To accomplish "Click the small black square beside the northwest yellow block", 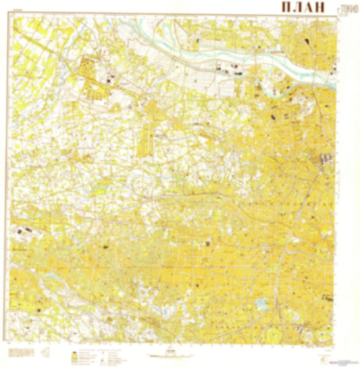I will click(x=108, y=79).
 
